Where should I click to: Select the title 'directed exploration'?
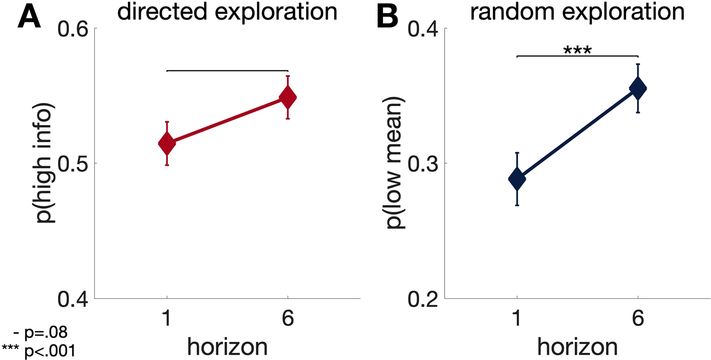coord(227,12)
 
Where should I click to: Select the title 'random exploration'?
coord(577,12)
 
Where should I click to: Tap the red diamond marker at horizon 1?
coord(167,143)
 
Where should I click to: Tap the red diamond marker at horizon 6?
coord(288,97)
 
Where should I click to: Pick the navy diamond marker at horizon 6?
coord(638,88)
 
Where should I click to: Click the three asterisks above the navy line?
coord(577,49)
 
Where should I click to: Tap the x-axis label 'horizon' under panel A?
coord(227,346)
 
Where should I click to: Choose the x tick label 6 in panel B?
coord(638,319)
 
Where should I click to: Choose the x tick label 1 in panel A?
coord(167,319)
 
